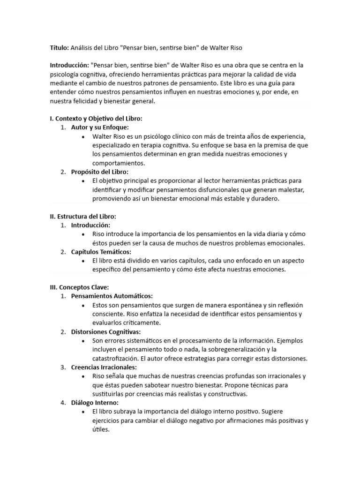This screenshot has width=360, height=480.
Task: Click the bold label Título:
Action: click(60, 48)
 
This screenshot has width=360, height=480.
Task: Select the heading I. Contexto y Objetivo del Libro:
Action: click(96, 119)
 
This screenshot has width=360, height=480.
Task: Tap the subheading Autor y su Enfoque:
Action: click(99, 127)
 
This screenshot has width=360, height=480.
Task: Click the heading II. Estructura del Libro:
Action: click(83, 217)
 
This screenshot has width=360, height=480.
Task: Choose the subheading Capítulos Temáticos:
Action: click(101, 252)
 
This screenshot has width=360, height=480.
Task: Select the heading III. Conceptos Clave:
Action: click(79, 287)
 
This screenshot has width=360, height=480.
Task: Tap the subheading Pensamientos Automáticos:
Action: click(112, 296)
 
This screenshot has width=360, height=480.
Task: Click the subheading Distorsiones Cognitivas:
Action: click(106, 332)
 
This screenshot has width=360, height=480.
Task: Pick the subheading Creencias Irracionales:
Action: click(104, 367)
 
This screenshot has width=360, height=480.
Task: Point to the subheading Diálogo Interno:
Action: click(95, 403)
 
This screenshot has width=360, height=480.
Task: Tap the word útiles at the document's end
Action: click(100, 429)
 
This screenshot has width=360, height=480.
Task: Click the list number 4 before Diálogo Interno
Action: click(63, 403)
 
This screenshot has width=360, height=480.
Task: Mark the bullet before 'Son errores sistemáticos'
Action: click(83, 341)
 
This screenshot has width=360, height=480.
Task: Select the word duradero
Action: click(264, 199)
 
